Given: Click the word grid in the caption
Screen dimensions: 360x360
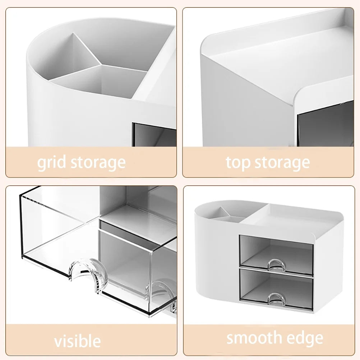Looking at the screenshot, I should [52, 163].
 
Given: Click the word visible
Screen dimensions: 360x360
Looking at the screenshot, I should [77, 341].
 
